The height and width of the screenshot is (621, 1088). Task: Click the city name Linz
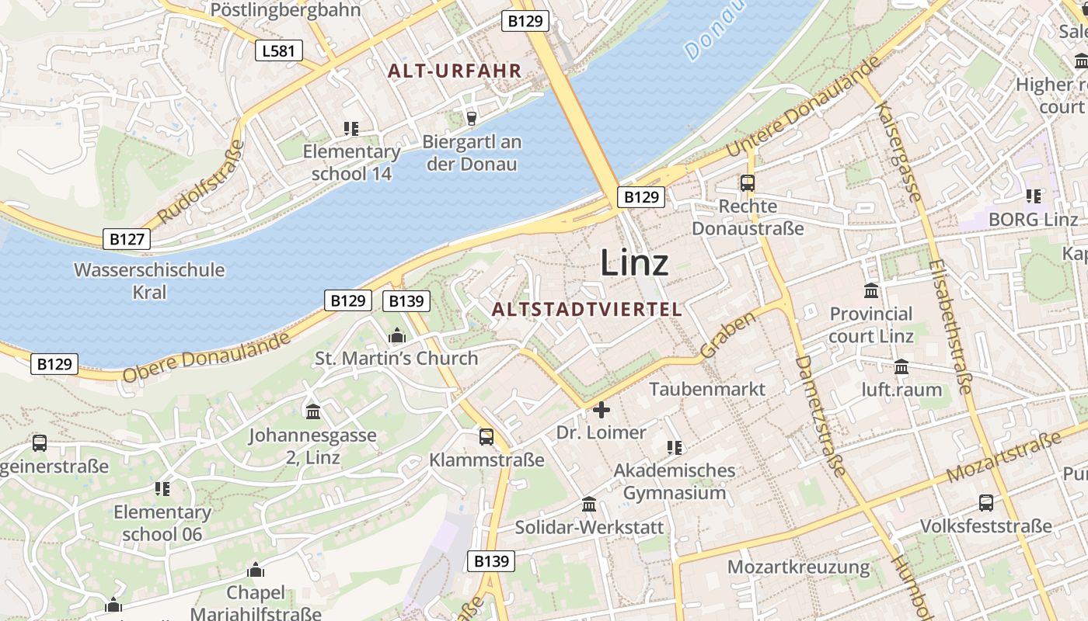tap(634, 263)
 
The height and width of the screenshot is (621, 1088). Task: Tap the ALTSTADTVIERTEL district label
tap(587, 309)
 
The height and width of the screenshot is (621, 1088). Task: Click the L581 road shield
tap(278, 51)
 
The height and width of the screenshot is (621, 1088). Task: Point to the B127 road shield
tap(127, 238)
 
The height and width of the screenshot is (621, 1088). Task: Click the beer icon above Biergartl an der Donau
tap(471, 118)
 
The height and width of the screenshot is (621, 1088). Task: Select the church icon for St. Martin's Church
tap(397, 336)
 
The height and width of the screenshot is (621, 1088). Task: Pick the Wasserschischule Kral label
tap(149, 281)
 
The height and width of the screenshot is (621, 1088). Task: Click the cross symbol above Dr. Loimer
tap(602, 409)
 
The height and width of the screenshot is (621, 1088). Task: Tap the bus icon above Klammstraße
tap(486, 437)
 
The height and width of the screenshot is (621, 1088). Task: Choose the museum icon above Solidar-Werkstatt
tap(589, 505)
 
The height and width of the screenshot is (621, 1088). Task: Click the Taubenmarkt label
tap(707, 389)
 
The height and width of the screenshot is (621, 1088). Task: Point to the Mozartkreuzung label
tap(798, 567)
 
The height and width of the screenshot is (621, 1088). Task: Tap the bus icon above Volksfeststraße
tap(986, 503)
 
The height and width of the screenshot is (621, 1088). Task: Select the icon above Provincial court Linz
tap(871, 291)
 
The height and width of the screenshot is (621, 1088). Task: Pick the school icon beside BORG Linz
tap(1033, 196)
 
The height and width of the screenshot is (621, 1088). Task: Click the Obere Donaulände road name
tap(206, 357)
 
